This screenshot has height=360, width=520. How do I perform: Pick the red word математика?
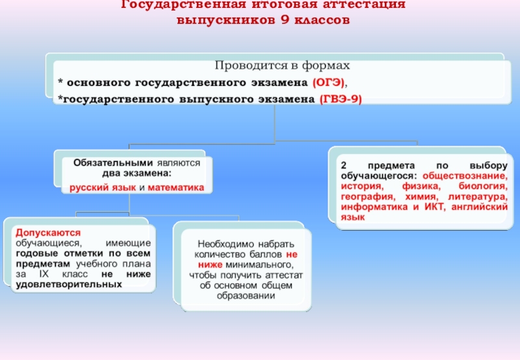[175, 187]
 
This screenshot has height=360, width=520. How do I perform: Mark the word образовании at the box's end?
[247, 296]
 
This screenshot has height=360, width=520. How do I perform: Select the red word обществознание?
[463, 176]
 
